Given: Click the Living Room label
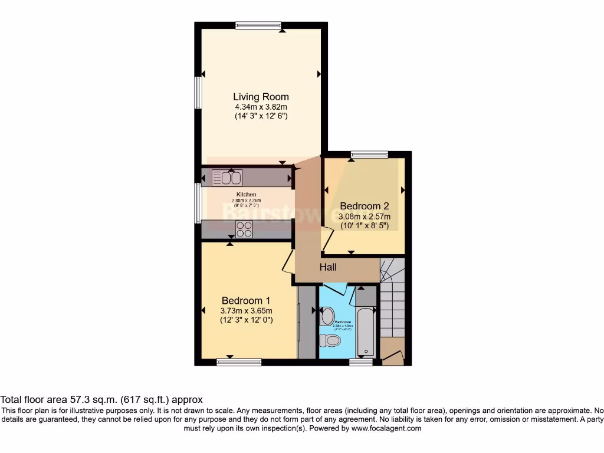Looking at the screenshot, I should [261, 97].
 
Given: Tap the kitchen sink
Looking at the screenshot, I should [226, 176].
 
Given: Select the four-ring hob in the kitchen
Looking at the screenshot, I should [244, 229].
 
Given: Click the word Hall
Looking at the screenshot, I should [328, 267].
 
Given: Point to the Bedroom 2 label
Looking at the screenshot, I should [364, 206].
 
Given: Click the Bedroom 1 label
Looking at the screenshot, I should [246, 300].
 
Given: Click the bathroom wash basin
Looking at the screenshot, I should [327, 316].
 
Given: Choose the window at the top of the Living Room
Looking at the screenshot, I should [258, 25].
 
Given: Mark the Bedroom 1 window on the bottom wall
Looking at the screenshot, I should [230, 362].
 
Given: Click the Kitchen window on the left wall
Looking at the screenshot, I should [198, 203].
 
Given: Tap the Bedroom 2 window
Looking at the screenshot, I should [369, 155].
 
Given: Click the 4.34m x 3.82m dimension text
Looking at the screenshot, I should [261, 107].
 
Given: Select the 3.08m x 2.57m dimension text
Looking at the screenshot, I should [364, 216].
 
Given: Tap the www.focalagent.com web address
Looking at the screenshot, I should [386, 428].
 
